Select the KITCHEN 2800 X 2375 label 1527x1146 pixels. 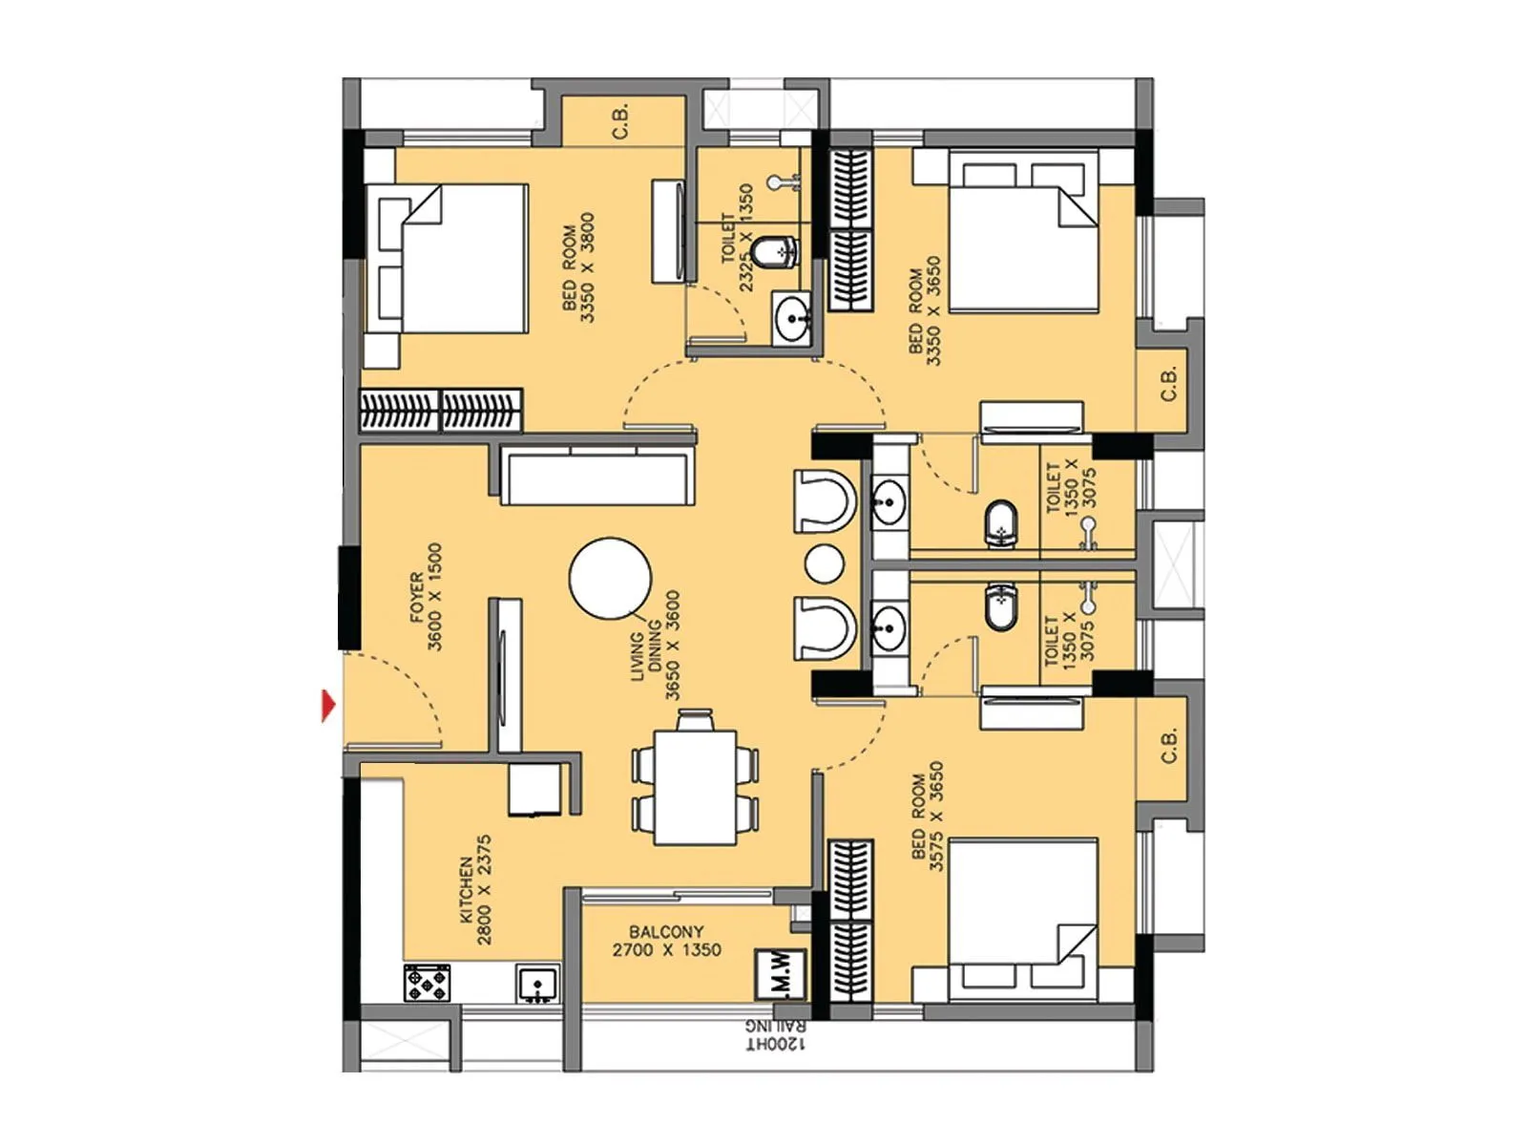click(x=475, y=890)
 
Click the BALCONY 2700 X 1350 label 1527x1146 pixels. click(x=666, y=941)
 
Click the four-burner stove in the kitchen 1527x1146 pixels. click(x=427, y=983)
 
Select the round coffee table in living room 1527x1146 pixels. click(x=611, y=579)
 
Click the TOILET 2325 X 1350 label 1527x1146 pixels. click(x=737, y=238)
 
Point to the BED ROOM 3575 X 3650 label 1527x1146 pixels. click(x=927, y=816)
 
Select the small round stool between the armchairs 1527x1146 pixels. click(x=824, y=562)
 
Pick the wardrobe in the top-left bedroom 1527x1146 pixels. click(x=441, y=410)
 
